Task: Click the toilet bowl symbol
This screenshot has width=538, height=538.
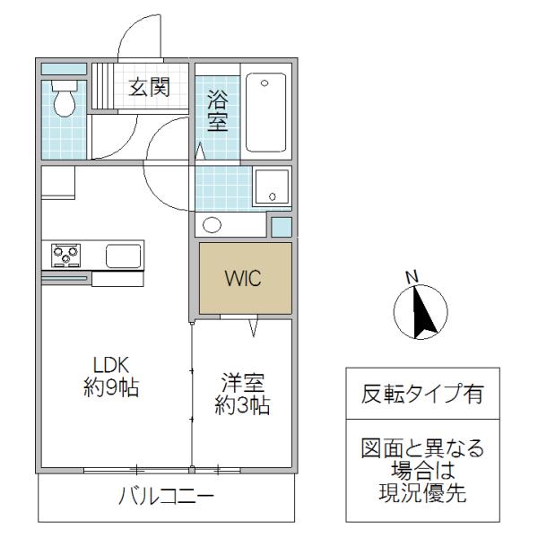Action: click(x=65, y=99)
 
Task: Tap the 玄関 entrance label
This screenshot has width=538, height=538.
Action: click(x=149, y=87)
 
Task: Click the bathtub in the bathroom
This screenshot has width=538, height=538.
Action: click(x=266, y=112)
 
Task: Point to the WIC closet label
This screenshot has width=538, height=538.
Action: click(x=243, y=278)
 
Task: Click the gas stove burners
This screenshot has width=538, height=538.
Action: click(x=65, y=256)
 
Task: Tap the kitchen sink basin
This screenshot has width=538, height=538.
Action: click(x=124, y=256)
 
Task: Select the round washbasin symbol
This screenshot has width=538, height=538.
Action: click(x=212, y=225)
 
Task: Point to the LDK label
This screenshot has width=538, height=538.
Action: click(x=111, y=365)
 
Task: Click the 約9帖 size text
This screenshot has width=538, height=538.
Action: click(x=111, y=387)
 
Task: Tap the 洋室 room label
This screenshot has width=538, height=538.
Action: click(x=243, y=383)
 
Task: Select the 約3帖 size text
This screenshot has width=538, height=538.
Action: click(x=243, y=405)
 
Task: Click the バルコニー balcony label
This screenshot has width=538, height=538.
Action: click(x=166, y=496)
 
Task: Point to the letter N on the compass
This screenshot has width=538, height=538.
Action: click(x=412, y=276)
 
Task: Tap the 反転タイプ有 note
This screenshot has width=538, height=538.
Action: click(x=422, y=394)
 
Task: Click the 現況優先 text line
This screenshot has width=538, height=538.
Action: click(x=422, y=492)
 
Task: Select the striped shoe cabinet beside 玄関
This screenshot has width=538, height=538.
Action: click(x=102, y=86)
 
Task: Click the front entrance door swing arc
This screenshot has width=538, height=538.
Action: click(x=130, y=30)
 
